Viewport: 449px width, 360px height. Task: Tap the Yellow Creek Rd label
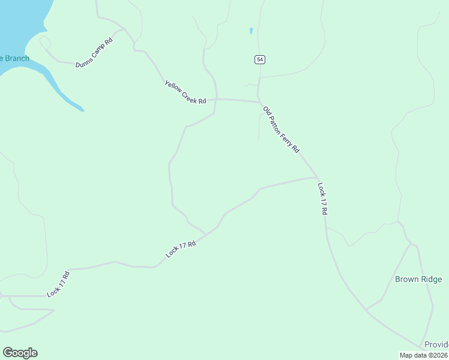coord(185,92)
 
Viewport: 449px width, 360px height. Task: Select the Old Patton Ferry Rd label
coord(281,130)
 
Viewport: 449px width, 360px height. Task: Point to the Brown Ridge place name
coord(418,279)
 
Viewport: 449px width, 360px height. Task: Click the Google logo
coord(20,353)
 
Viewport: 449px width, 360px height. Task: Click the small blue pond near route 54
coord(250,31)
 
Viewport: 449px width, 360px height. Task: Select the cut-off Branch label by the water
coord(14,58)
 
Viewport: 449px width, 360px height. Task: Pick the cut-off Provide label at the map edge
coord(436,344)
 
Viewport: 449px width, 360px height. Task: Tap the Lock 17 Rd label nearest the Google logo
coord(59,284)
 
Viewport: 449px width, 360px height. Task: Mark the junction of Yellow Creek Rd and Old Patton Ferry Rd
coord(259,101)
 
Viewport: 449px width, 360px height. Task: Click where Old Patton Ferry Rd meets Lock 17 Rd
coord(316,178)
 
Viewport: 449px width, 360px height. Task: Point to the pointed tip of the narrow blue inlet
coord(83,110)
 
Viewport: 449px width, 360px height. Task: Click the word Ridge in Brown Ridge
coord(431,279)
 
